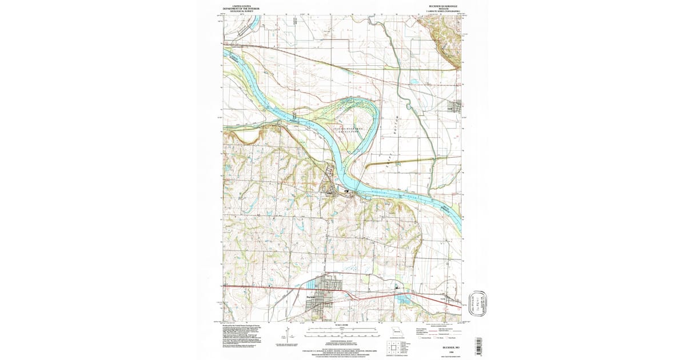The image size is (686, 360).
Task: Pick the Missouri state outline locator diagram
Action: pyautogui.click(x=396, y=331)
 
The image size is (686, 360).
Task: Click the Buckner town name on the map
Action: pyautogui.click(x=312, y=297)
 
